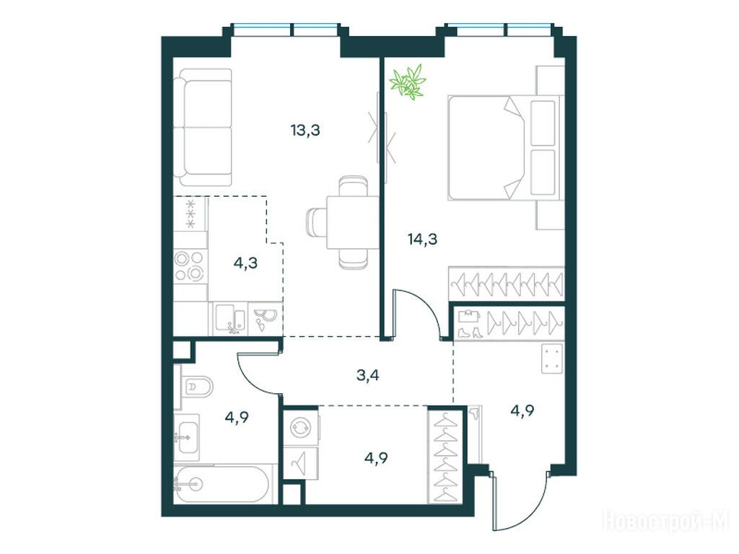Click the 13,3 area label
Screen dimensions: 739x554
click(x=305, y=130)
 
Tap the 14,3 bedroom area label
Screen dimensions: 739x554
click(x=422, y=239)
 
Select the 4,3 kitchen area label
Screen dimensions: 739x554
click(x=245, y=263)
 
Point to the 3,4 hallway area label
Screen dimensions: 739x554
click(x=367, y=376)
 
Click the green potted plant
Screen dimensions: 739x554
click(x=408, y=82)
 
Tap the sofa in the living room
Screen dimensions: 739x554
click(x=203, y=128)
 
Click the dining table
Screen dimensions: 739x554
click(x=352, y=222)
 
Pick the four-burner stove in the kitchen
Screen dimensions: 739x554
click(x=190, y=265)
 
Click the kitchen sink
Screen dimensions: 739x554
click(x=230, y=317)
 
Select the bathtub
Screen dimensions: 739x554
click(x=222, y=483)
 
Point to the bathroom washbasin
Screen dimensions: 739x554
click(x=187, y=437)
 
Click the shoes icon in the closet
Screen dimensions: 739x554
click(x=468, y=332)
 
